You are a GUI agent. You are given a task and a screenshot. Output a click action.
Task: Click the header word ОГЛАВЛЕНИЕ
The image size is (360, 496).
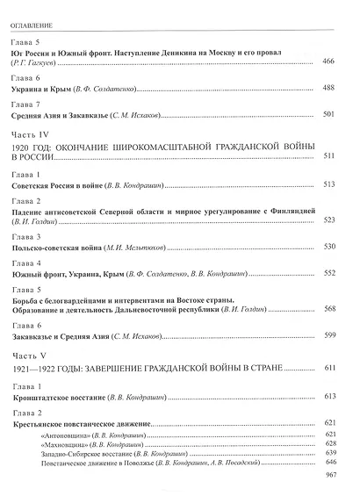(34, 14)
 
